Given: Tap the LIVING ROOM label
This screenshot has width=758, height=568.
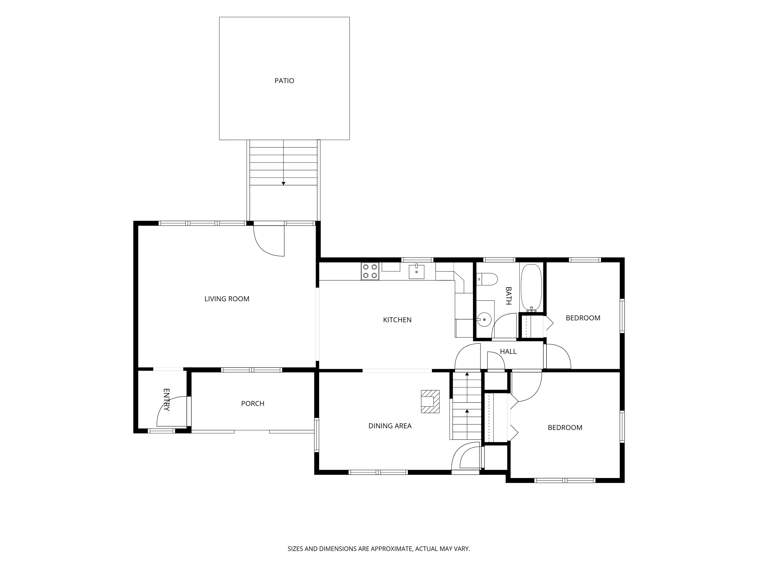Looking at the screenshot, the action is click(x=227, y=299).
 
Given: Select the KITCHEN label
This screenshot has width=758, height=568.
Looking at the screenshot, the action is click(x=397, y=320).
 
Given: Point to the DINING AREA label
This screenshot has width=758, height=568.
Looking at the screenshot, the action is click(x=390, y=426).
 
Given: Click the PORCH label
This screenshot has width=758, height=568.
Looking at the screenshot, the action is click(x=253, y=404).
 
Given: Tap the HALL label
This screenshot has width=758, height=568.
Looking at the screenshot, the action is click(x=508, y=352).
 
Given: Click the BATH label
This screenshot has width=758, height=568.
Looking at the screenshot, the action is click(x=509, y=296).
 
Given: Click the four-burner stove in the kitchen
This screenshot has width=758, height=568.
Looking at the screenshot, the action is click(x=370, y=271).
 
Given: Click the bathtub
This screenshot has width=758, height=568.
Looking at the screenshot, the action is click(x=531, y=288).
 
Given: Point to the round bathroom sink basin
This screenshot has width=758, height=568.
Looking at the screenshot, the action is click(x=484, y=319).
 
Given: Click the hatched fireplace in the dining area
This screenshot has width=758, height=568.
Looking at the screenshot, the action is click(x=430, y=401).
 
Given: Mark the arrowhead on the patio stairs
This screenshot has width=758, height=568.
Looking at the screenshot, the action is click(x=283, y=184).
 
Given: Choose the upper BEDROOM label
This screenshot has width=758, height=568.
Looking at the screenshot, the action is click(x=583, y=318).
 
